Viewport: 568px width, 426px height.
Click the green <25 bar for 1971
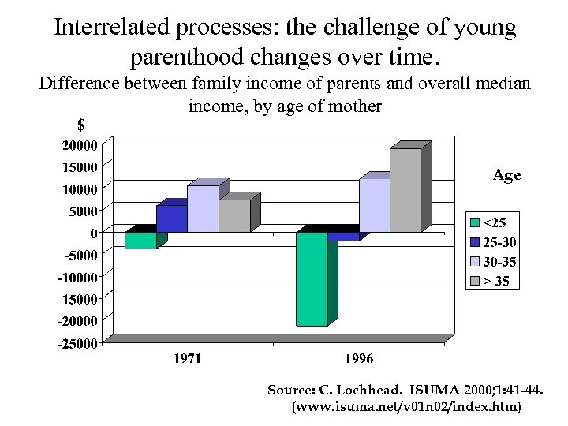click(x=141, y=240)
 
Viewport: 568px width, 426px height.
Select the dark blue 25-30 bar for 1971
click(x=172, y=219)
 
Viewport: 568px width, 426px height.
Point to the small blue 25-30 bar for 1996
click(x=343, y=236)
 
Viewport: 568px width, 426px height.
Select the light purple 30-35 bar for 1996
click(x=374, y=205)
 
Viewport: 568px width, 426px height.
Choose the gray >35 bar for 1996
click(x=405, y=190)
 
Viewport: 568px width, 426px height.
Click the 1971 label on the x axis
click(x=187, y=359)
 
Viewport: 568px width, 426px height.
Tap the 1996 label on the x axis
click(x=359, y=359)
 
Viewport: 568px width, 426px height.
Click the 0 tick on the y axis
click(x=93, y=233)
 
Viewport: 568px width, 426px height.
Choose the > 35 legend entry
click(x=497, y=281)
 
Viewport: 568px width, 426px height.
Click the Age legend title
click(x=506, y=176)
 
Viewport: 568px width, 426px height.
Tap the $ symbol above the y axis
click(x=80, y=125)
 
